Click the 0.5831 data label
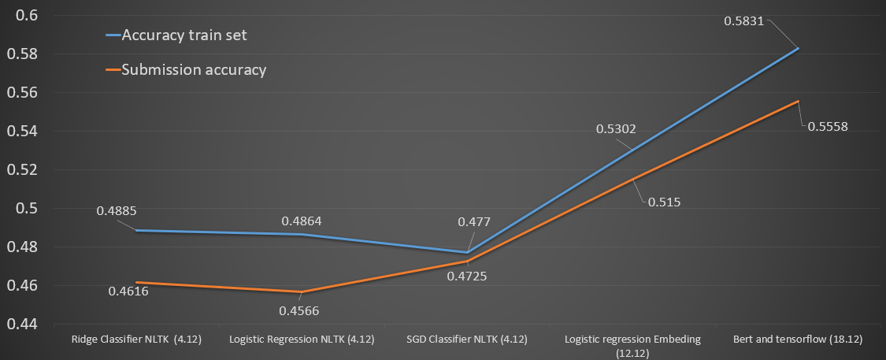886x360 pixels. coord(743,18)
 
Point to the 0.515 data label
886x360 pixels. coord(665,202)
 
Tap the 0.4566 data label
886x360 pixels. coord(299,310)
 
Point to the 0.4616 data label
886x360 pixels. coord(129,292)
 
